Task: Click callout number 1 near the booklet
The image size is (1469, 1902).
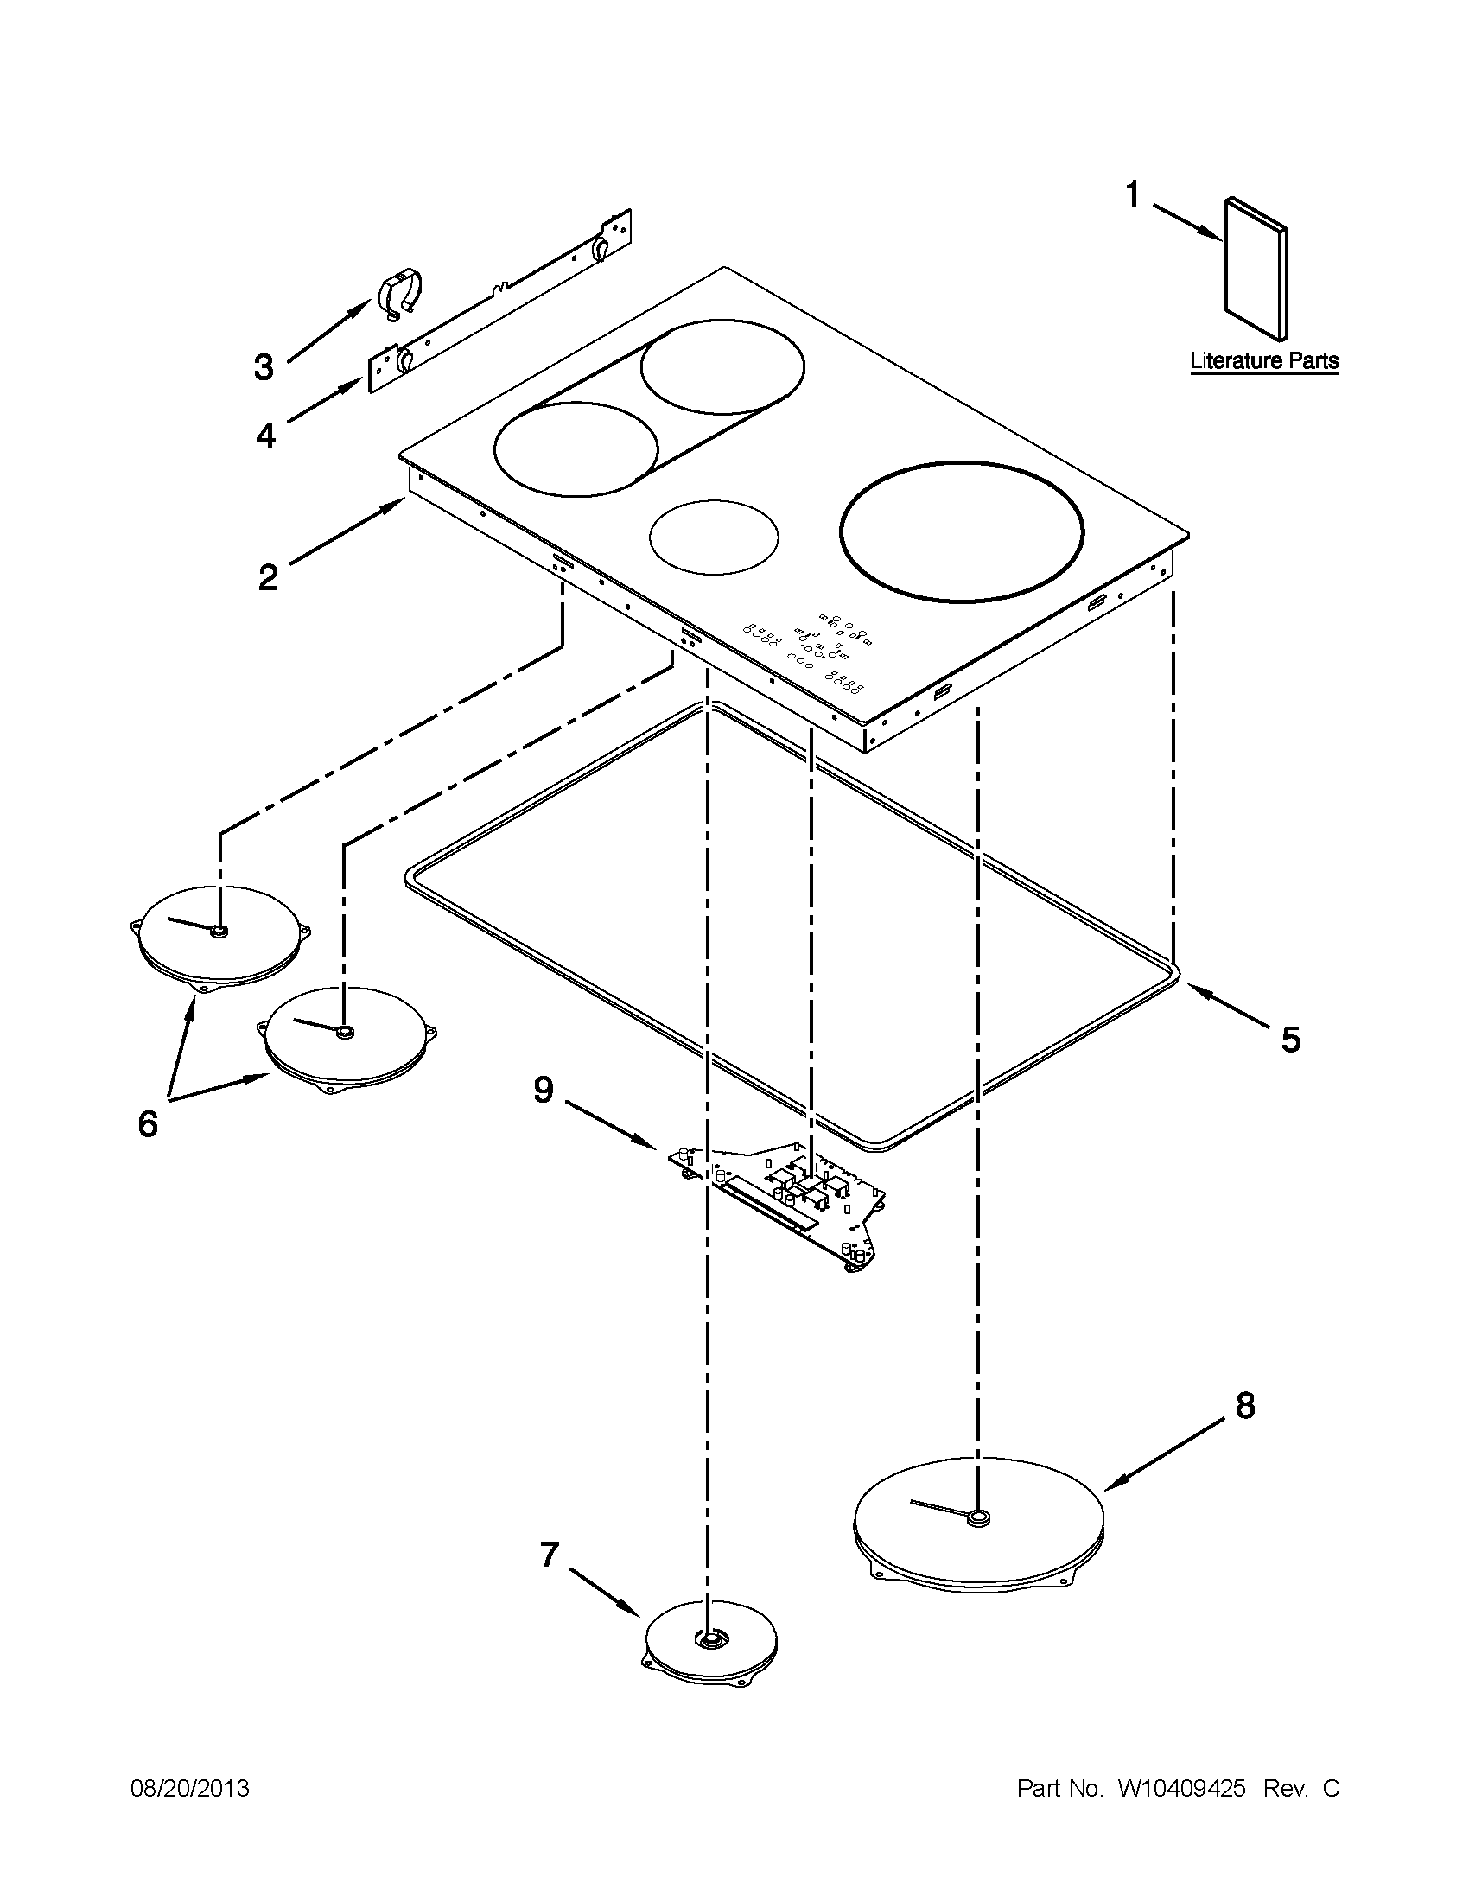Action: (1132, 194)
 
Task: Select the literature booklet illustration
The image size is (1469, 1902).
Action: (1256, 270)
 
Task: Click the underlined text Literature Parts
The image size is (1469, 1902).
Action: (1263, 360)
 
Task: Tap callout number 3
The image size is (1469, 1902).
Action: (263, 367)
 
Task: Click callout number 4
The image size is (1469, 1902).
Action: (265, 435)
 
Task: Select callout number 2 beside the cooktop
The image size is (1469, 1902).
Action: (268, 576)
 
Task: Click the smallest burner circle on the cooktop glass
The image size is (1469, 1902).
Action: (713, 537)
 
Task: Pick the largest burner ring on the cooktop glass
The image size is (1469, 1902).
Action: (962, 531)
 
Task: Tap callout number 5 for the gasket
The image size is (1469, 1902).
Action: (1289, 1039)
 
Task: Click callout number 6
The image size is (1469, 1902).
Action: (148, 1123)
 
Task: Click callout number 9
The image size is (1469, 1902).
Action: (544, 1090)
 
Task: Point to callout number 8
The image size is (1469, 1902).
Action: (1245, 1405)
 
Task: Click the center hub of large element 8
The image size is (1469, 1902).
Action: (978, 1518)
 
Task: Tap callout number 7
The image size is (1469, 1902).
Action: (549, 1555)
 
